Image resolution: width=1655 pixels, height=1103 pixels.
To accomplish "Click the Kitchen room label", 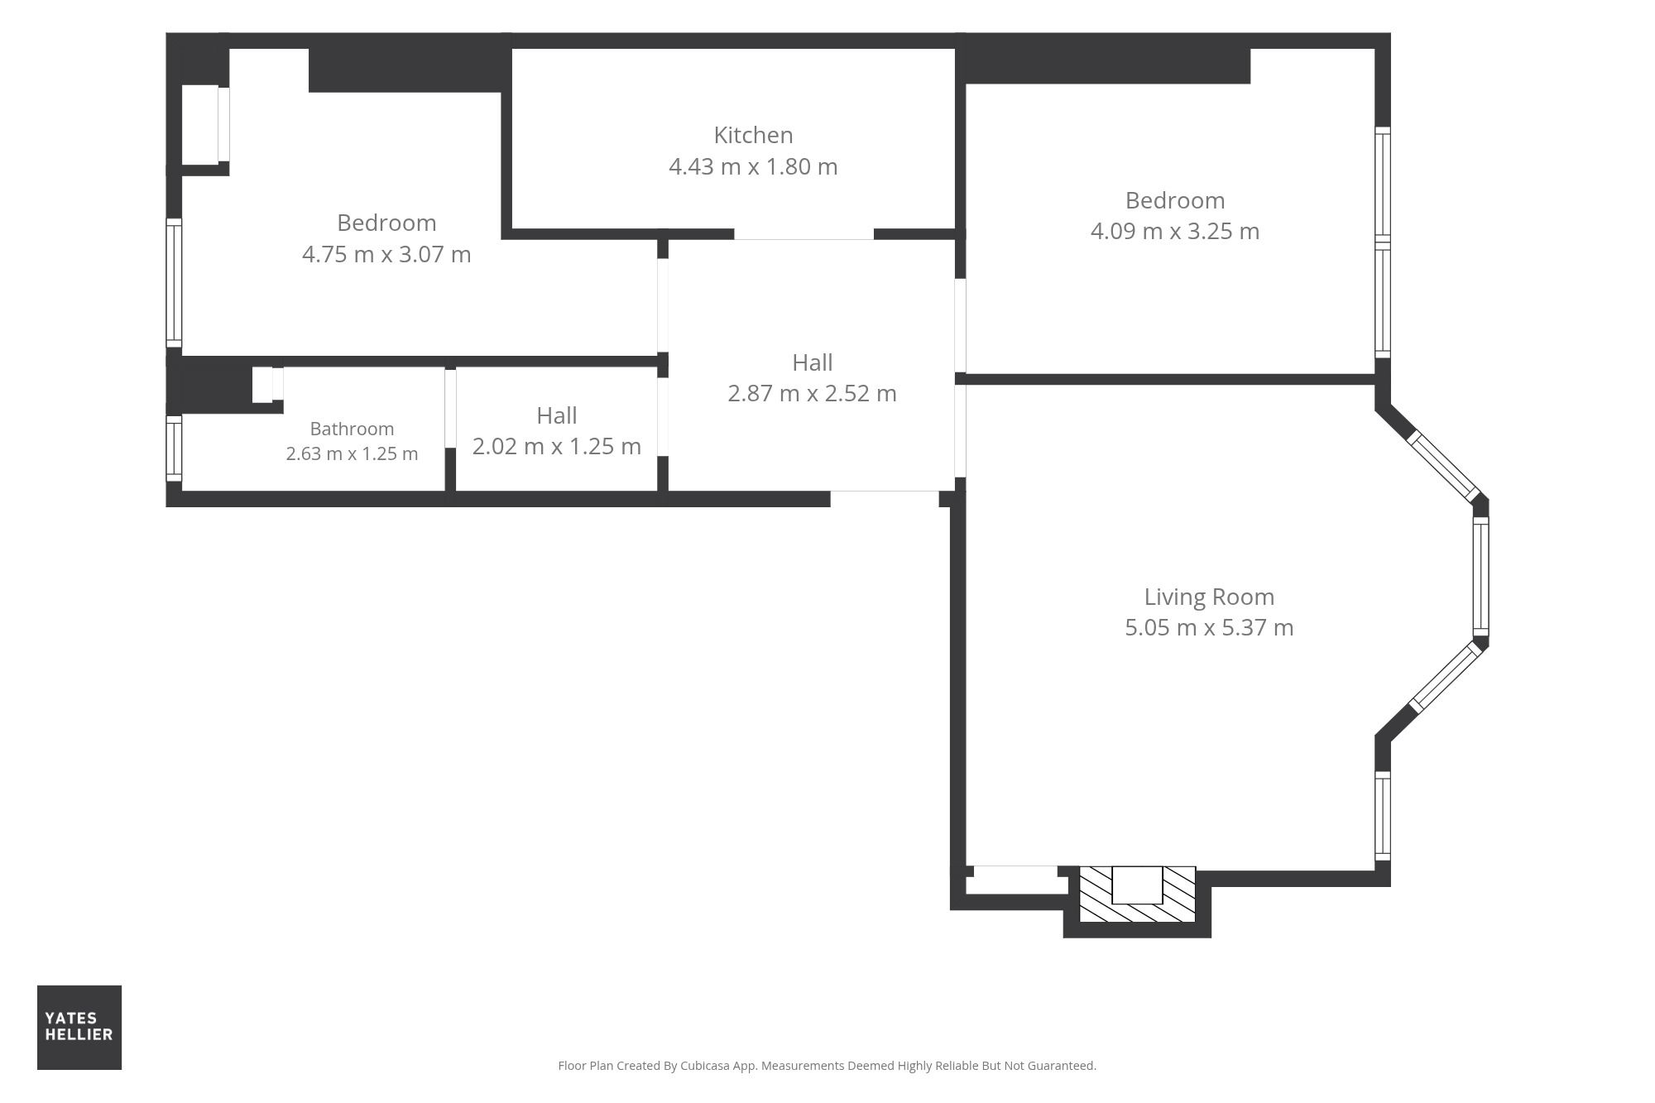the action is (753, 135).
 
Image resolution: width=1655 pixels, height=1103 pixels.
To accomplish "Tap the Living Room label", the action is (1209, 597).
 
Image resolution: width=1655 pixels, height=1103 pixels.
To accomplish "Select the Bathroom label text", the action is (352, 429).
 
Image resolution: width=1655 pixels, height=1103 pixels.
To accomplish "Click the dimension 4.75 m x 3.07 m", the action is (386, 254).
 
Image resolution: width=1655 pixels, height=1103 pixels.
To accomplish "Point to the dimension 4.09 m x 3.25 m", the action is (1175, 231).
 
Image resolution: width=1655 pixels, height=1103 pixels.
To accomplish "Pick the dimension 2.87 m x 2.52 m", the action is (812, 393).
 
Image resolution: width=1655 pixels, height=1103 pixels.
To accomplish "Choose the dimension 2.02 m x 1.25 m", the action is (557, 446).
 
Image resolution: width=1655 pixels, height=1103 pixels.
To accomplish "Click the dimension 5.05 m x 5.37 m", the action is (1209, 627).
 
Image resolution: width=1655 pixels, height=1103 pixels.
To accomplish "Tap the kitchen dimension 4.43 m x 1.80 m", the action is (753, 166).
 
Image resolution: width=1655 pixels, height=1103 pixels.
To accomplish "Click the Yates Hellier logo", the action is (79, 1027).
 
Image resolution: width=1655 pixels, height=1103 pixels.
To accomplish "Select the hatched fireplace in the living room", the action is (1138, 894).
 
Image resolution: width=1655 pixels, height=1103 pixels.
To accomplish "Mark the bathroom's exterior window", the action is (174, 448).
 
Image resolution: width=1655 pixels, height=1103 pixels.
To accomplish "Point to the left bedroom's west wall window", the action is (174, 283).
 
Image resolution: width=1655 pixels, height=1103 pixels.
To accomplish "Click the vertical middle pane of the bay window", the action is (1481, 577).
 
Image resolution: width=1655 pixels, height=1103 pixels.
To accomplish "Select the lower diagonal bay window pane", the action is (1445, 678).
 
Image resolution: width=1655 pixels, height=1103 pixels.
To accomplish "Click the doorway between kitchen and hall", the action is (804, 235).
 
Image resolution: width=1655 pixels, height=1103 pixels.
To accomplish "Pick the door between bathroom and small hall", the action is (450, 408).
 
